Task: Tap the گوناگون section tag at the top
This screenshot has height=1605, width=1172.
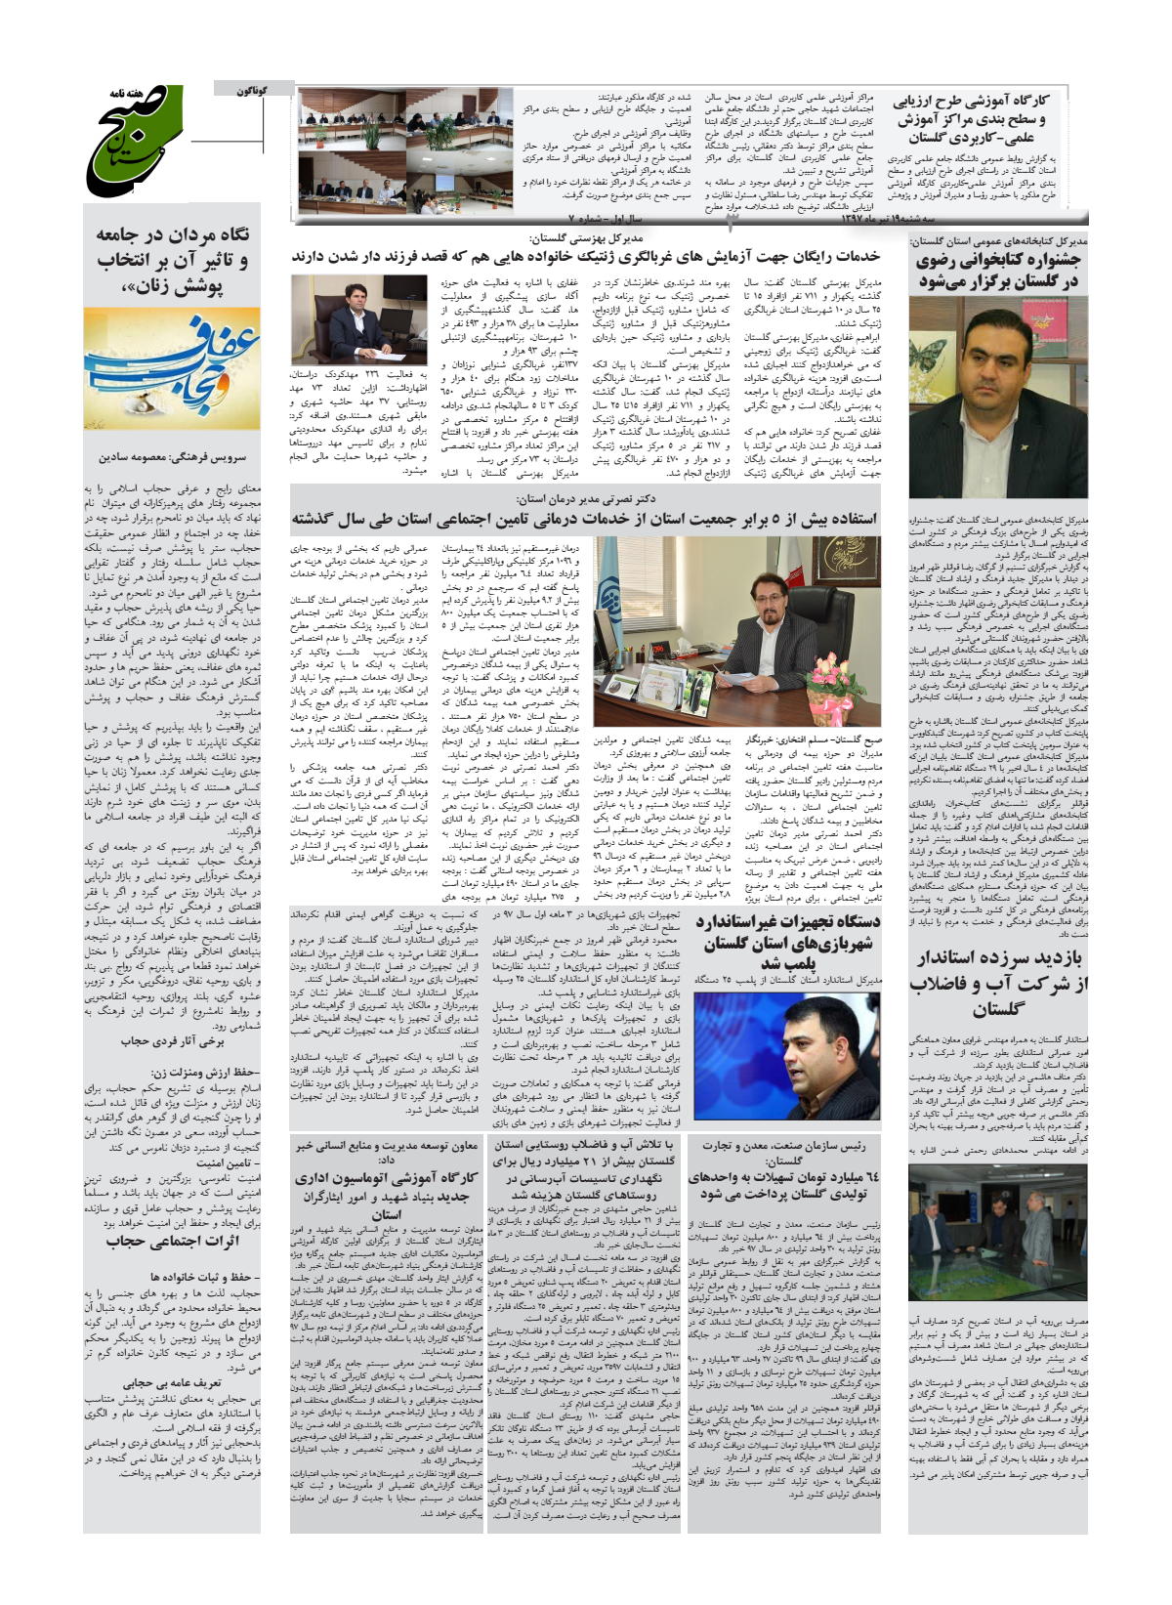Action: click(252, 90)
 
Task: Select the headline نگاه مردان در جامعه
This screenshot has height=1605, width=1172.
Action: click(172, 261)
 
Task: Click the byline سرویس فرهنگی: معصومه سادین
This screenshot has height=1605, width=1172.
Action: click(172, 456)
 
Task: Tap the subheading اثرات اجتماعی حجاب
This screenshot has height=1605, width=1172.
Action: click(172, 1241)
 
